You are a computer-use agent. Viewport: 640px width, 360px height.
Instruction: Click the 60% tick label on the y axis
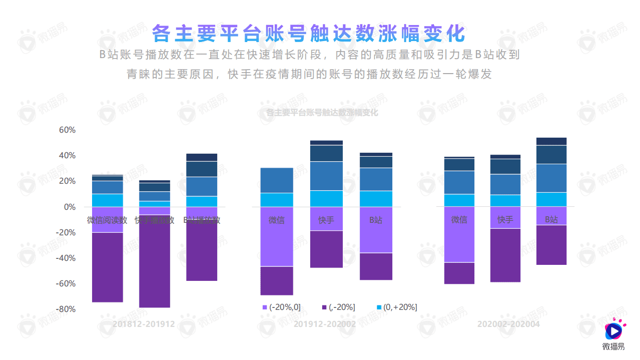tap(67, 130)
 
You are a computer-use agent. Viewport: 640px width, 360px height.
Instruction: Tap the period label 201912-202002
tap(325, 324)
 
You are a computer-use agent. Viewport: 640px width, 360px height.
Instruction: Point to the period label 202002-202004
tap(508, 324)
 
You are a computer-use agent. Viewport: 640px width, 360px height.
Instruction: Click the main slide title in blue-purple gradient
tap(309, 34)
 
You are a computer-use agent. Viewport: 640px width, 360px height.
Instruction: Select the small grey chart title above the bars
tap(322, 113)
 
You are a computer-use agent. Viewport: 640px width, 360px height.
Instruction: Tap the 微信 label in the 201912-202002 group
tap(277, 220)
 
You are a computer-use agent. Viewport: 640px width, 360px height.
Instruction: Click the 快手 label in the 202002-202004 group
tap(505, 219)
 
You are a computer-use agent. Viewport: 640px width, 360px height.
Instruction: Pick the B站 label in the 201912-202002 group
tap(375, 220)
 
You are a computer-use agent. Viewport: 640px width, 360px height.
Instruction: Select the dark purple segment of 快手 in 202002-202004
tap(505, 255)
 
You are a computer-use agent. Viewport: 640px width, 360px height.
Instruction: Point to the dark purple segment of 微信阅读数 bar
tap(108, 267)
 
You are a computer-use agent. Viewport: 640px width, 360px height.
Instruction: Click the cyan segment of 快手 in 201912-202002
tap(326, 199)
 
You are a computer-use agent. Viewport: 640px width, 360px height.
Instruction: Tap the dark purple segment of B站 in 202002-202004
tap(551, 245)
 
